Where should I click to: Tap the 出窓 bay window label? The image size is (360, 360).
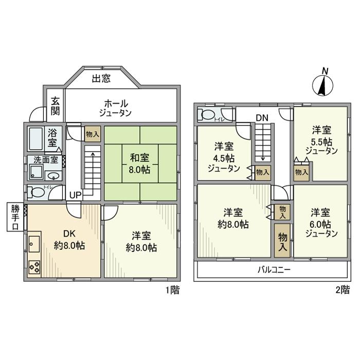[101, 79]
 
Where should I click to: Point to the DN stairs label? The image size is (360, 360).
[262, 118]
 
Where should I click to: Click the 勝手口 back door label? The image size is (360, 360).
[14, 217]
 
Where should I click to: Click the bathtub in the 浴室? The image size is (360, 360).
[35, 138]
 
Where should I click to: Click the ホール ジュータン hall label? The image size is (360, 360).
[115, 107]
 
